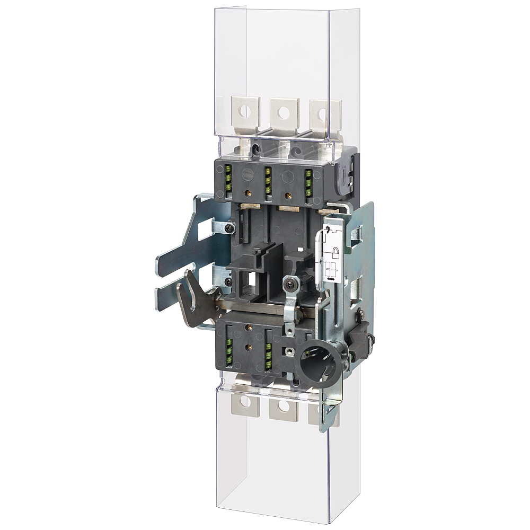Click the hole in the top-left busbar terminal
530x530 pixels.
(x=244, y=112)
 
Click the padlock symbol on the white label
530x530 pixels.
(x=335, y=251)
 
